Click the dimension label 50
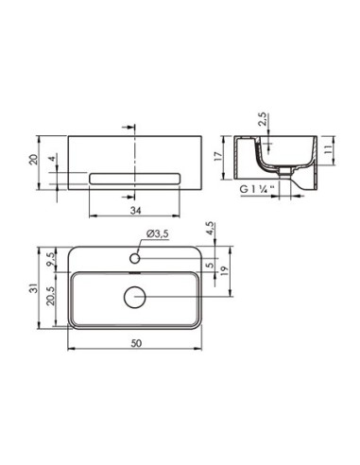[x=136, y=343]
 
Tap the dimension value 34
[x=136, y=211]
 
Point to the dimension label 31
[x=34, y=287]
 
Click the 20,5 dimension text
[x=50, y=296]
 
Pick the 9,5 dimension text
[x=50, y=259]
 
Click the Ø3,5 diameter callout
[x=158, y=233]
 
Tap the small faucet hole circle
[x=135, y=258]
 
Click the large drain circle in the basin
[x=135, y=297]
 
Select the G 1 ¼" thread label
[x=257, y=189]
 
